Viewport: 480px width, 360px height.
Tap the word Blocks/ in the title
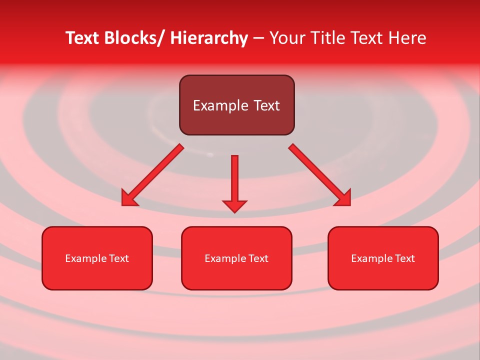134,38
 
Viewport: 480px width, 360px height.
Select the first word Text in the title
82,38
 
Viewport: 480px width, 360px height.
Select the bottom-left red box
97,275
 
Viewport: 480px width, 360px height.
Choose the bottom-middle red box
236,275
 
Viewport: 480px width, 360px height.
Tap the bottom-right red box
383,275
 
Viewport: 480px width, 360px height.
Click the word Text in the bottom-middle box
258,258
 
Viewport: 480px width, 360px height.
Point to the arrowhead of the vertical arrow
234,206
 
